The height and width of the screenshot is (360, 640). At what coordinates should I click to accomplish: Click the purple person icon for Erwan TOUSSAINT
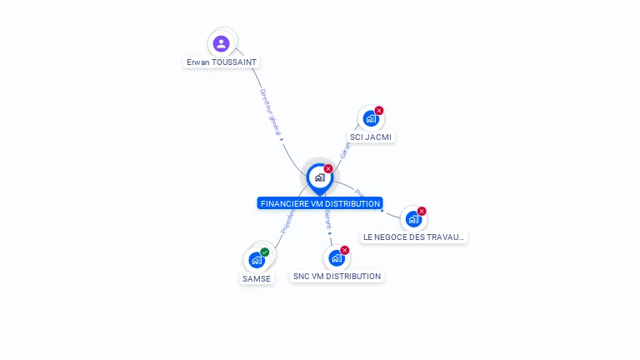tap(221, 43)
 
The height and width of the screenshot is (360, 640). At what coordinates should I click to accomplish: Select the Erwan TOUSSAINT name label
tap(222, 62)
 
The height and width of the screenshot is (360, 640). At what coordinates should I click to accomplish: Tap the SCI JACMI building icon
tap(370, 118)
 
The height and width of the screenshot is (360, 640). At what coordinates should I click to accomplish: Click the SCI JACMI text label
tap(371, 137)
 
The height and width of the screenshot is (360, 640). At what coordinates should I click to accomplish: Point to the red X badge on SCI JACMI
tap(379, 110)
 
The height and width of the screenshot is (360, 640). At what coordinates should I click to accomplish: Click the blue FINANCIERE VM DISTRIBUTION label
tap(320, 203)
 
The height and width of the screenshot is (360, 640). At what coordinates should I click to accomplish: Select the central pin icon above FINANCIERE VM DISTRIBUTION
tap(319, 177)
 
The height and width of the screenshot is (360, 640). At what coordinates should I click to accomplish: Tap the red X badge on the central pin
tap(328, 168)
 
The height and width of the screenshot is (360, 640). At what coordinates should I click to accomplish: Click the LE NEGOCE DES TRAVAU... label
tap(413, 237)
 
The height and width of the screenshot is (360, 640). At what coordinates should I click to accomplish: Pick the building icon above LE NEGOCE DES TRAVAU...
tap(413, 219)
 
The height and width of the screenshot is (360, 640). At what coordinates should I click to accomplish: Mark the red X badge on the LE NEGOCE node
tap(422, 211)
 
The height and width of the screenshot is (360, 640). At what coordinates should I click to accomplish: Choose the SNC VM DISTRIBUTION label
tap(337, 276)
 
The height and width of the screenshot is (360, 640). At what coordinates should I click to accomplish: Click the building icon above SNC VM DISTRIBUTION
tap(336, 258)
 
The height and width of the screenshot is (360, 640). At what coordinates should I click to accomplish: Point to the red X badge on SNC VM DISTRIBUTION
tap(345, 250)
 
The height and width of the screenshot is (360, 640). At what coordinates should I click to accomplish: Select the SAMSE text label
tap(257, 278)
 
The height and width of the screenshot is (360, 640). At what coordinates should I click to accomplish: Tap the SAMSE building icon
tap(256, 261)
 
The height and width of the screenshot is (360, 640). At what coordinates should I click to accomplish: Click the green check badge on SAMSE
tap(265, 252)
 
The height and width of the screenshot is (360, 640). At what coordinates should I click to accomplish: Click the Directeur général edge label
tap(270, 112)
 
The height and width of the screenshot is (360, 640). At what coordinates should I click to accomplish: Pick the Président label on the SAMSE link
tap(287, 220)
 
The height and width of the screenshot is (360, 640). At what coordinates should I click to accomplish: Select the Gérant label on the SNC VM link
tap(328, 220)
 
